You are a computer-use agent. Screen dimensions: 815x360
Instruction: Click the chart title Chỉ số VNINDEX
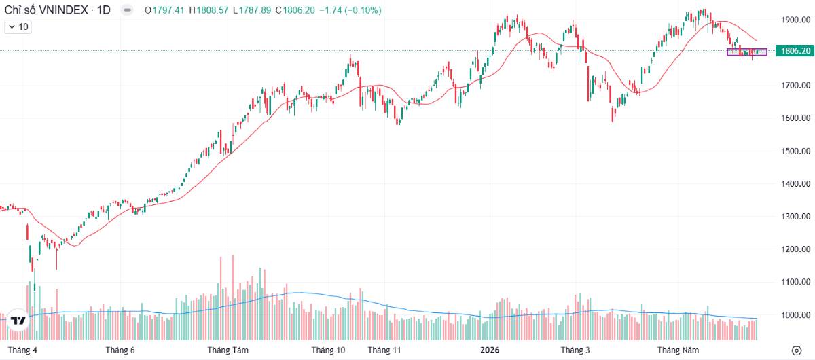(x=46, y=10)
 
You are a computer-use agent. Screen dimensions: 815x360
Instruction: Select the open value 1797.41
(x=168, y=10)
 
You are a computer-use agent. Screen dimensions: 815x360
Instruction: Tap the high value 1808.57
(x=213, y=10)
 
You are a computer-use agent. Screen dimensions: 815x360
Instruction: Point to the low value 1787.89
(x=255, y=10)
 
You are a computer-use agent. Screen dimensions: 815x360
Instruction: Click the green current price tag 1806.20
(x=795, y=50)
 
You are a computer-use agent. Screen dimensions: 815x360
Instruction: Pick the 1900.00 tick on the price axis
(x=796, y=20)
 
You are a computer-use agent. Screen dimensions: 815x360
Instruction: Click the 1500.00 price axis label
(x=796, y=151)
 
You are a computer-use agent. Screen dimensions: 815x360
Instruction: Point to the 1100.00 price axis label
(x=796, y=282)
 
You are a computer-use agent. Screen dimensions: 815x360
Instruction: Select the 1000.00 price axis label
(x=796, y=315)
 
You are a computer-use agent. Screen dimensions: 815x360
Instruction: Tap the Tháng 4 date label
(x=22, y=350)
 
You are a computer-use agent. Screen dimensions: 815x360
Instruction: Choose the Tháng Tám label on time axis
(x=228, y=350)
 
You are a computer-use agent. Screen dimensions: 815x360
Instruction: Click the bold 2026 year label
(x=490, y=350)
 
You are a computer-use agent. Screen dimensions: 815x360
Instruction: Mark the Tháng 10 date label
(x=328, y=350)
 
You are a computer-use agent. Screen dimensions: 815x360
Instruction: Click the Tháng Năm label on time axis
(x=678, y=350)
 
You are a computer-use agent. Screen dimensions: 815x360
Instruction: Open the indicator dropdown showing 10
(x=18, y=27)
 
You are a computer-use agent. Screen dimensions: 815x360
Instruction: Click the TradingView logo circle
(x=18, y=321)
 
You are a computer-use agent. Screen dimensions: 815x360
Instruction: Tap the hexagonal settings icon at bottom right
(x=797, y=350)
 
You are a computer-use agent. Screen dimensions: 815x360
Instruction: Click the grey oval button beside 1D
(x=127, y=10)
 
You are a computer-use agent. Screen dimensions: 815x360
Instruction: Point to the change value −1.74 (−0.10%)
(x=350, y=10)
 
